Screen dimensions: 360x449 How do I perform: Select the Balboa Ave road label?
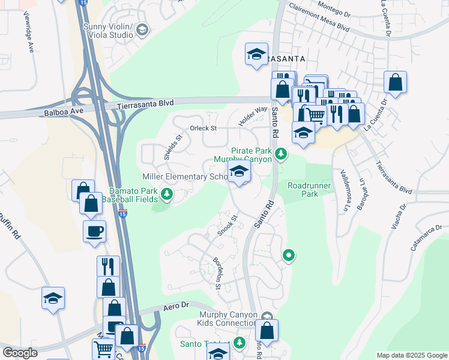pos(62,112)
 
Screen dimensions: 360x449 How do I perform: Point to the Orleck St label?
pos(203,128)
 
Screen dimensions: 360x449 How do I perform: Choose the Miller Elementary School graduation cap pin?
pos(239,173)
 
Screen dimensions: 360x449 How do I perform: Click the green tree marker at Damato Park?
pos(167,194)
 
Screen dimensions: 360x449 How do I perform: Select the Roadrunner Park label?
pos(309,190)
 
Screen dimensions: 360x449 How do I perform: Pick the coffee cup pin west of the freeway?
pos(95,231)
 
